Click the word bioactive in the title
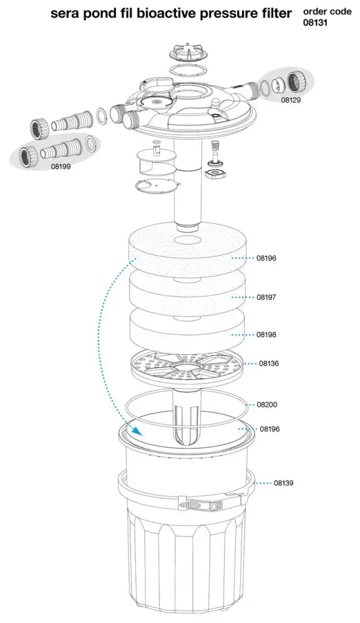[x=167, y=13]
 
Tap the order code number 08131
[x=316, y=22]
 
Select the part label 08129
[x=291, y=100]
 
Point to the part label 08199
[x=61, y=167]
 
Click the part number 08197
[x=266, y=297]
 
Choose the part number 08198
[x=266, y=334]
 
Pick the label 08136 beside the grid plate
[x=269, y=363]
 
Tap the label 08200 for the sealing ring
[x=267, y=405]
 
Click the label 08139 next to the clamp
[x=284, y=483]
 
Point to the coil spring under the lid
[x=215, y=147]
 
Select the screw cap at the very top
[x=188, y=52]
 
